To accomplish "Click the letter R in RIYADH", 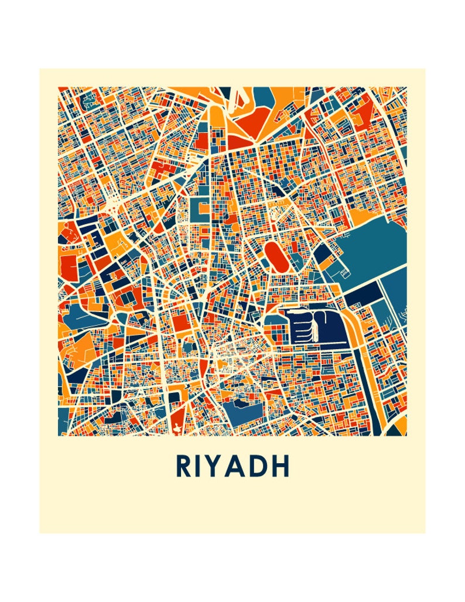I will click(183, 466).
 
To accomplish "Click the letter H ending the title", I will click(282, 466).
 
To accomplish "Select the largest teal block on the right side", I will click(375, 246).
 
